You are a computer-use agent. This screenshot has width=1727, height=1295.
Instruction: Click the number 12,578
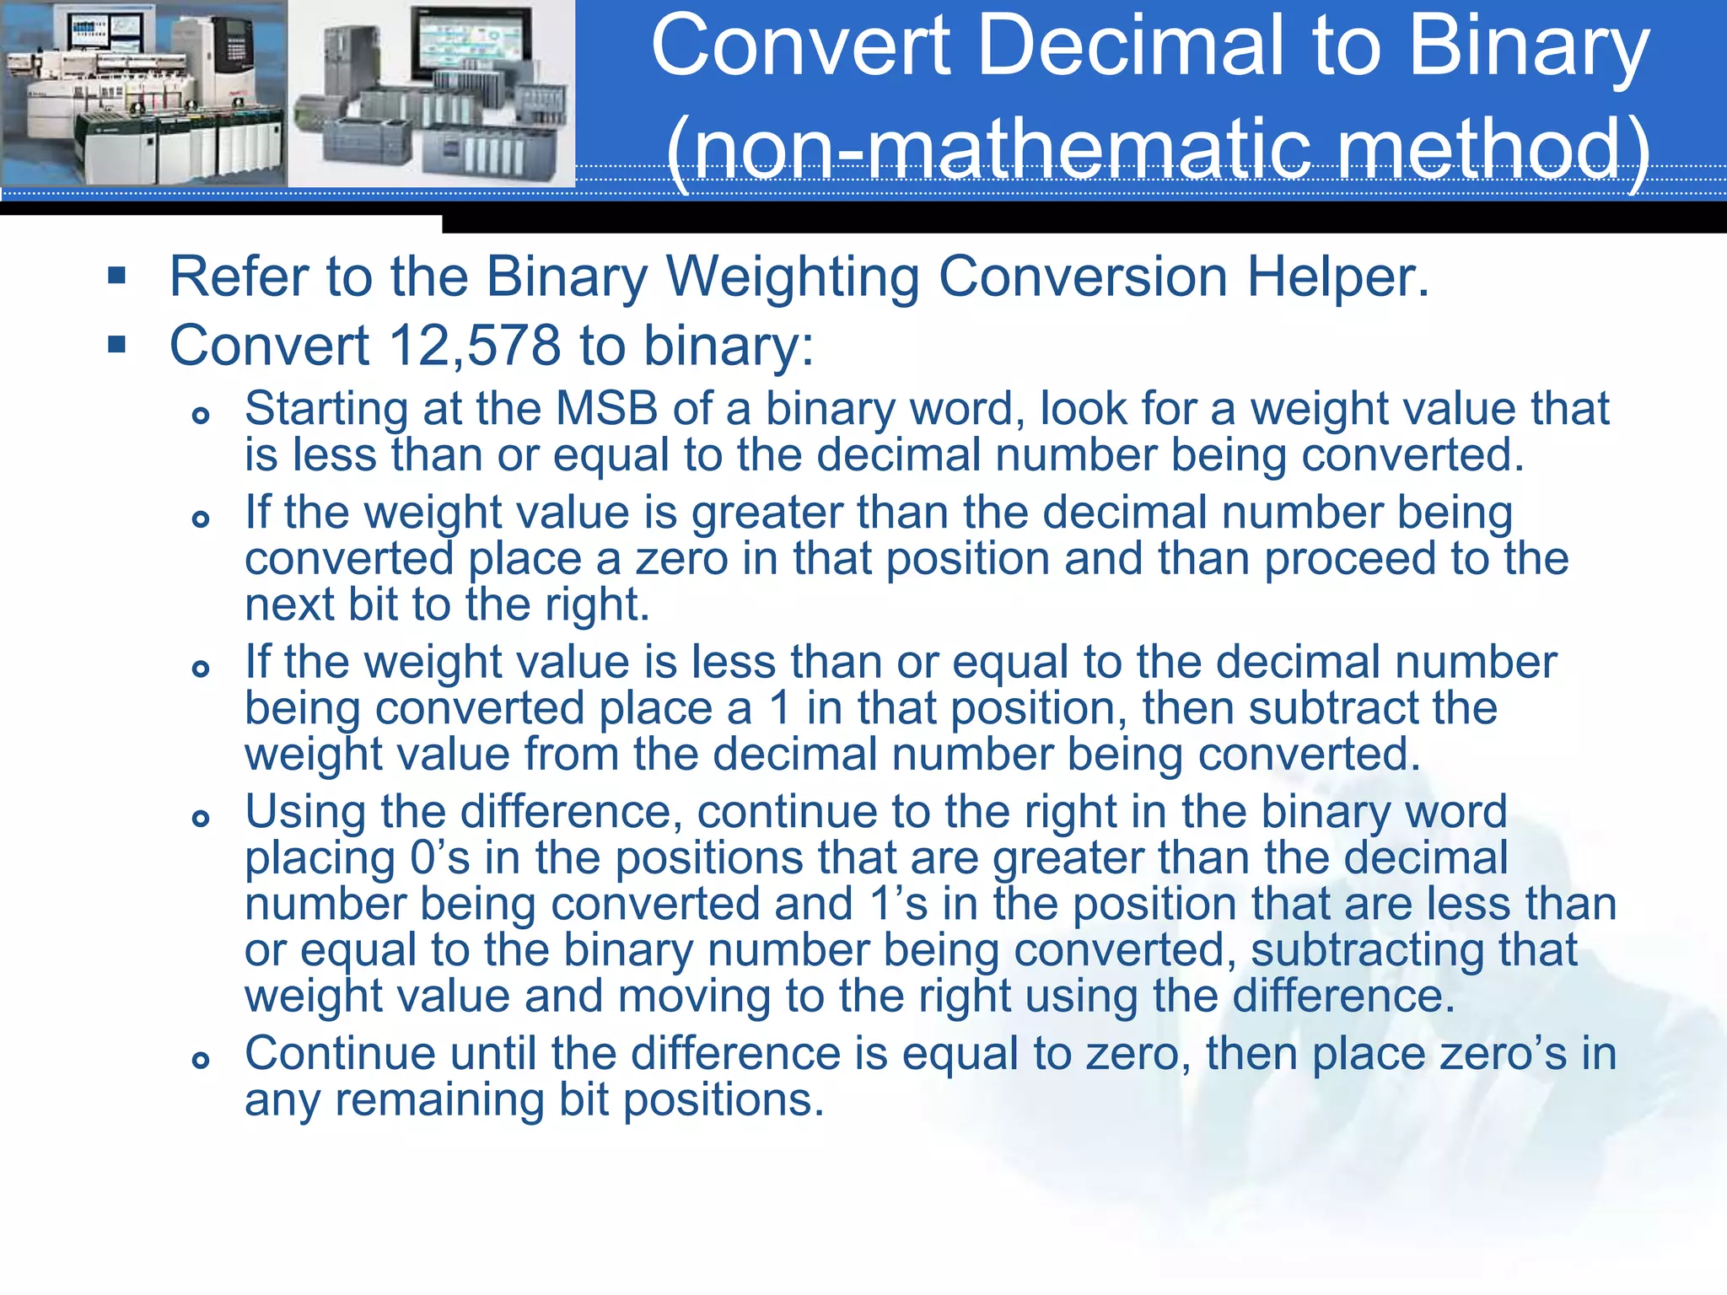[x=475, y=346]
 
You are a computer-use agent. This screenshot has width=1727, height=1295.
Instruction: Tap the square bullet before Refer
[x=117, y=275]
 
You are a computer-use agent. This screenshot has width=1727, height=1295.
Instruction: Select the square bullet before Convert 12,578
[x=117, y=344]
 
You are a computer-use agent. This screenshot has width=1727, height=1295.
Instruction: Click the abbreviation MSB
[x=606, y=409]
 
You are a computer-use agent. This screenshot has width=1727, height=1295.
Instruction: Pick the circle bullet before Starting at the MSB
[x=200, y=415]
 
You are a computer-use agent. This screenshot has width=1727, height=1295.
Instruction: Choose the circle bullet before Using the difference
[x=200, y=818]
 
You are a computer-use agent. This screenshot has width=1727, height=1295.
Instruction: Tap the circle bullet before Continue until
[x=200, y=1060]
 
